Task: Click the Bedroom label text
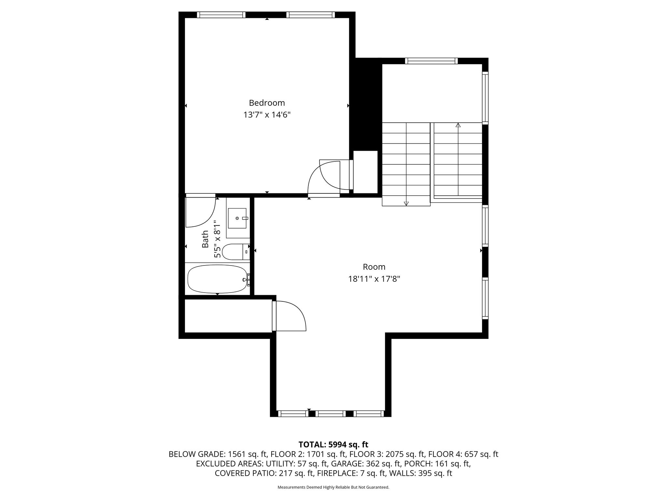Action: [x=267, y=103]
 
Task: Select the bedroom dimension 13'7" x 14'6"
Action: [x=267, y=115]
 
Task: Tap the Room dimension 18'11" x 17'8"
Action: [x=374, y=279]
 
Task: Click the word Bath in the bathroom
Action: [x=205, y=239]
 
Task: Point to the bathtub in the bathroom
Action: [x=217, y=279]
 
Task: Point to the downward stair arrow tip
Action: [x=406, y=204]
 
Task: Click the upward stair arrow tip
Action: [x=458, y=125]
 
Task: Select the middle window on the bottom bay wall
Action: [x=331, y=414]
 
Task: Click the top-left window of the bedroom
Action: [x=221, y=15]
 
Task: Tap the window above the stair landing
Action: [x=431, y=61]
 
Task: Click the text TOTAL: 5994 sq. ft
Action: [x=333, y=445]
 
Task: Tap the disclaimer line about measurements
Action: [x=333, y=487]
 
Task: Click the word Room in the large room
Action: [x=374, y=267]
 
